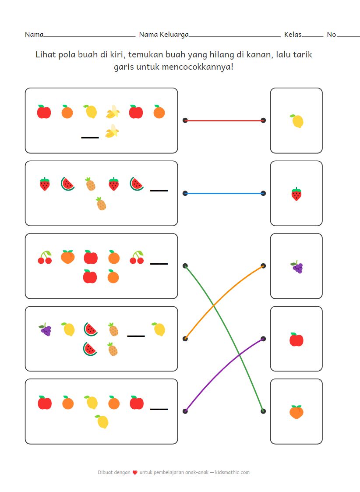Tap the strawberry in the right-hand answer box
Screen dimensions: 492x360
click(296, 194)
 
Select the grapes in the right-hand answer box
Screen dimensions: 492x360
click(297, 266)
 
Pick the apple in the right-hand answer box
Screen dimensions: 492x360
click(296, 340)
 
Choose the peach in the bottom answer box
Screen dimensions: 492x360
click(296, 412)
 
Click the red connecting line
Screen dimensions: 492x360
click(224, 120)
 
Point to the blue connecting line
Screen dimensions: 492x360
click(224, 193)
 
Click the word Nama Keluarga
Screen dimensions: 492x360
click(164, 35)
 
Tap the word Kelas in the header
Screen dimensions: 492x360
click(293, 35)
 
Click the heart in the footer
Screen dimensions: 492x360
click(135, 473)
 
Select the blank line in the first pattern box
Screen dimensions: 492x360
click(90, 138)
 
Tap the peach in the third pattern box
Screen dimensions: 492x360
click(67, 257)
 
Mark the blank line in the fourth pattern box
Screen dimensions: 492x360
click(136, 336)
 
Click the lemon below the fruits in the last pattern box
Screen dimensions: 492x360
click(102, 421)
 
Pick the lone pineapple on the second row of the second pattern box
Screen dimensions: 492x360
click(101, 204)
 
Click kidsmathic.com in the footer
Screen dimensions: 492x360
click(233, 472)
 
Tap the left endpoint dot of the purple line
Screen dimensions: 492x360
click(185, 411)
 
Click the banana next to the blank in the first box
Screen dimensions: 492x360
click(113, 131)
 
